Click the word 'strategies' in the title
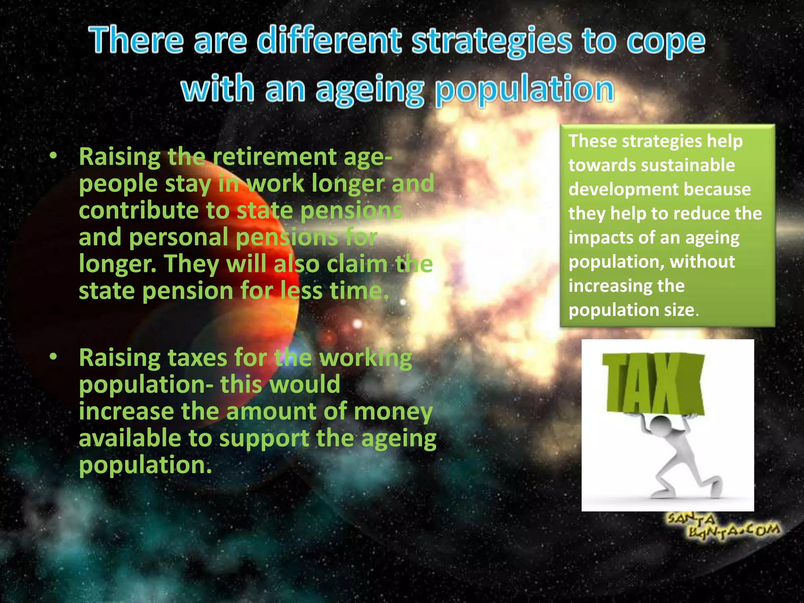(491, 42)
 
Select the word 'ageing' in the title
(370, 90)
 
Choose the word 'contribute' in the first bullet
(137, 210)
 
